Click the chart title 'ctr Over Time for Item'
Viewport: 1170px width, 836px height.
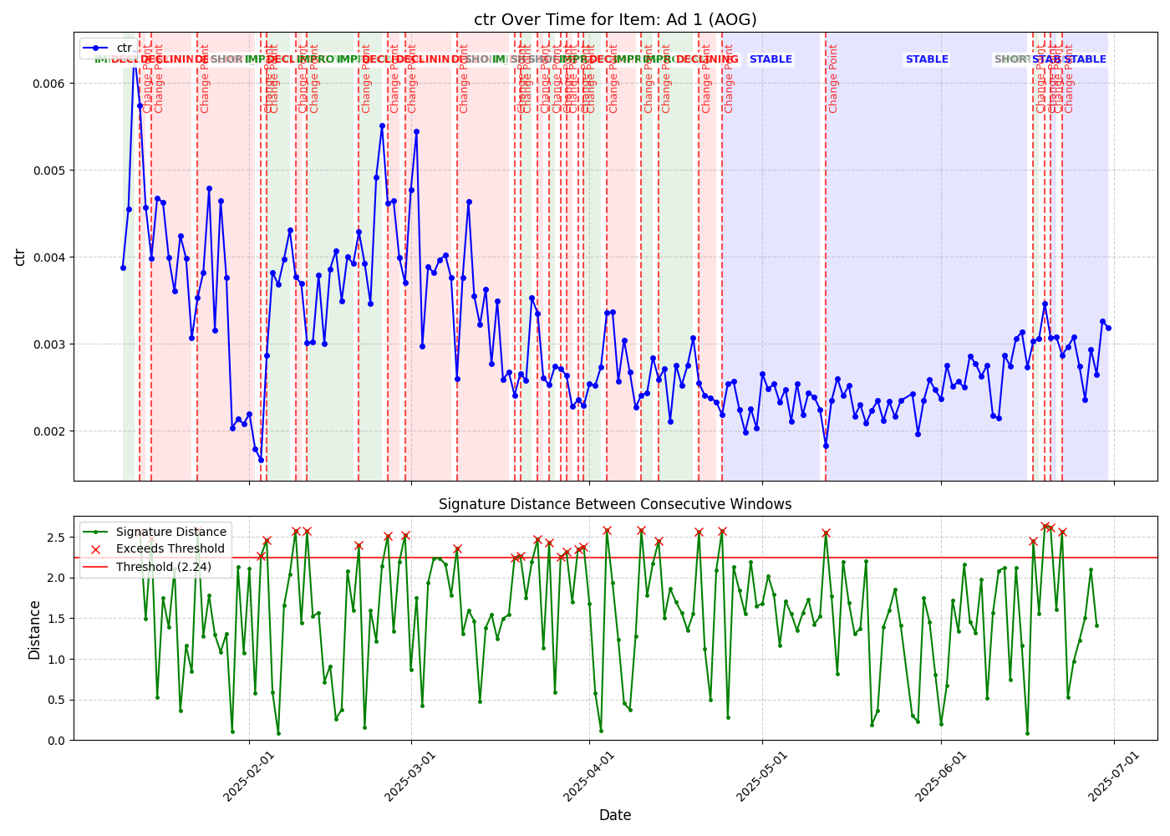tap(615, 19)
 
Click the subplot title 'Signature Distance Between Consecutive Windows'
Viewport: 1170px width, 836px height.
tap(615, 504)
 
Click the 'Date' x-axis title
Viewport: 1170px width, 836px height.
tap(615, 815)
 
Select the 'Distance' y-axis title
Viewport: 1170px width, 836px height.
tap(34, 630)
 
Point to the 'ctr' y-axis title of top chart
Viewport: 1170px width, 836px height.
tap(20, 257)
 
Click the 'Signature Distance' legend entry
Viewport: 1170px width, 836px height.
tap(170, 532)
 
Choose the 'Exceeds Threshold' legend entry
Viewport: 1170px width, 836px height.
tap(170, 548)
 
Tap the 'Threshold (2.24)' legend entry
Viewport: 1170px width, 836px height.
tap(164, 566)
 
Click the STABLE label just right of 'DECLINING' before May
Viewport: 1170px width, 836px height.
tap(771, 59)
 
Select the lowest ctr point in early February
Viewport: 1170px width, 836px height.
tap(261, 460)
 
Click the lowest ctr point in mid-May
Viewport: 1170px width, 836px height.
tap(826, 446)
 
